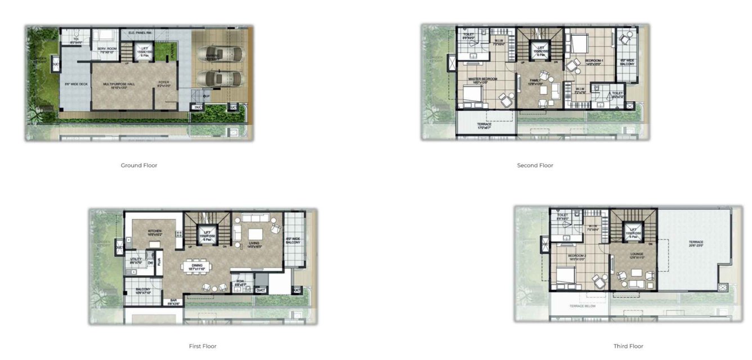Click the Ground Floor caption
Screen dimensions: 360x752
click(139, 165)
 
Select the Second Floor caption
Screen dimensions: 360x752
click(535, 165)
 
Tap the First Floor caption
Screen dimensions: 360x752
click(203, 346)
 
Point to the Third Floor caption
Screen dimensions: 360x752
click(628, 346)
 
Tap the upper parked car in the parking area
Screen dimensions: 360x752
click(220, 54)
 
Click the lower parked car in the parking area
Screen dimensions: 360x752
click(220, 78)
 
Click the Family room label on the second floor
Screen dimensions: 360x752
click(535, 82)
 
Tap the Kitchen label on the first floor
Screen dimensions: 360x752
click(155, 231)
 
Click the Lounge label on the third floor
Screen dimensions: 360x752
click(637, 255)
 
